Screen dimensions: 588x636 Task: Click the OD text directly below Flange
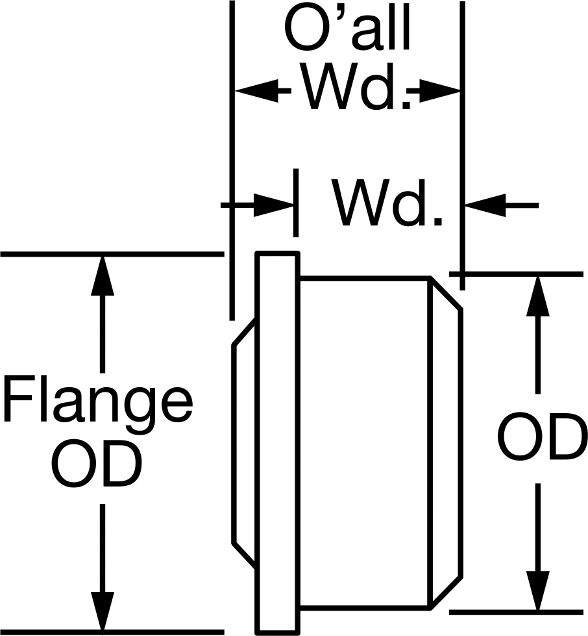[97, 464]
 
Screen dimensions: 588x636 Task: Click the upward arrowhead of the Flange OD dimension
[102, 276]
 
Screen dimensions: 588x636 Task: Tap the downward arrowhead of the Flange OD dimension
[102, 612]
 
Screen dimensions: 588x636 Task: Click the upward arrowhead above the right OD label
[538, 296]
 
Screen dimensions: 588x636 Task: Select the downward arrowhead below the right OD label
[538, 590]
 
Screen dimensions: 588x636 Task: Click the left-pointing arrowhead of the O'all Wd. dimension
[256, 90]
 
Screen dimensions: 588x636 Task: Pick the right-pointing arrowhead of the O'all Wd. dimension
[440, 90]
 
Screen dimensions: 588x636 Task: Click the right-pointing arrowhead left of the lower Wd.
[273, 205]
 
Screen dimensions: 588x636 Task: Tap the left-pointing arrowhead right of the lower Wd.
[485, 205]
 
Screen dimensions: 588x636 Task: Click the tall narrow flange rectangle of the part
[278, 443]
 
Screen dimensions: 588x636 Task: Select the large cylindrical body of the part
[365, 443]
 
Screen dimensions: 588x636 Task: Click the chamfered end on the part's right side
[445, 443]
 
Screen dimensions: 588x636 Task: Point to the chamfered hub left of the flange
[244, 443]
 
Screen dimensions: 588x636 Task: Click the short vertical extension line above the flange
[296, 203]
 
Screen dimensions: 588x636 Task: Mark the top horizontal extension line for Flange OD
[112, 254]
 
